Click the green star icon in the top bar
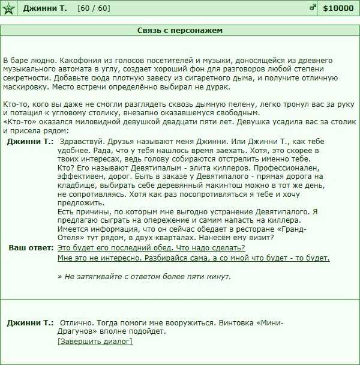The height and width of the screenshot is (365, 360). click(8, 8)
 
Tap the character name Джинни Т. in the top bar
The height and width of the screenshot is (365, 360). click(45, 8)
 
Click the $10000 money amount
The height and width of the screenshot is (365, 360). click(338, 8)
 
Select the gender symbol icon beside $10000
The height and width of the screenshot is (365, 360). click(313, 8)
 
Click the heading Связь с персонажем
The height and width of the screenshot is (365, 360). click(180, 29)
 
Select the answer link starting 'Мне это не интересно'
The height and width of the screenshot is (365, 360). click(193, 258)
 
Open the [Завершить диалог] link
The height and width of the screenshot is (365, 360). click(95, 342)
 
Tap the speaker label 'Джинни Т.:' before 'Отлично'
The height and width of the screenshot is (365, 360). click(30, 322)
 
